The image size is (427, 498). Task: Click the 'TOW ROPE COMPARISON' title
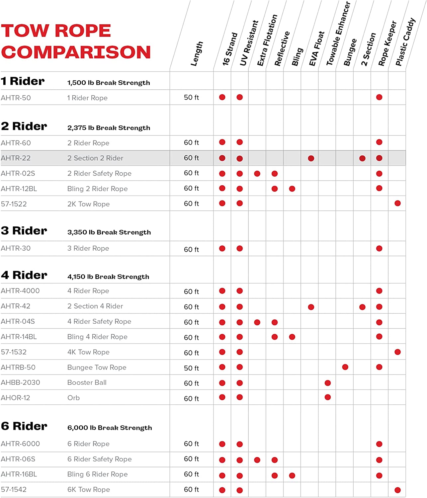tap(76, 41)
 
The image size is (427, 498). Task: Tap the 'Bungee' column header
tap(350, 52)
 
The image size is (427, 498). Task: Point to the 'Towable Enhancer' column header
tap(338, 34)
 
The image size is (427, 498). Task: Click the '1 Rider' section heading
tap(23, 81)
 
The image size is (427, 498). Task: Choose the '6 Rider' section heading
tap(24, 426)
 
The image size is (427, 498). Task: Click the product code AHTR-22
tap(16, 158)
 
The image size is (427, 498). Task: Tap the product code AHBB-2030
tap(20, 382)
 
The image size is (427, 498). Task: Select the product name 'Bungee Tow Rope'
tap(97, 367)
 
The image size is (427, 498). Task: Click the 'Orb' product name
tap(73, 398)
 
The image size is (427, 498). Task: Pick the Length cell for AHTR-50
tap(191, 97)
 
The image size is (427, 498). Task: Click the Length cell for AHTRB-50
tap(191, 368)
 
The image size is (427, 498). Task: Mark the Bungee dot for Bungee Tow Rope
tap(345, 367)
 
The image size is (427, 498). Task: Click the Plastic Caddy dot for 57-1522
tap(397, 203)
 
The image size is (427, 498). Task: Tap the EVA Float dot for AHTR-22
tap(311, 158)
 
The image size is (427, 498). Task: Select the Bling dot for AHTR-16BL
tap(292, 475)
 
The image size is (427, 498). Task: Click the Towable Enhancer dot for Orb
tap(327, 397)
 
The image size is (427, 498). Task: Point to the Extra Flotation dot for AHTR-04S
tap(257, 322)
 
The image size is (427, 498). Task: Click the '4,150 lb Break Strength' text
tap(108, 277)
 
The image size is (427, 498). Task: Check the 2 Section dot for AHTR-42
tap(362, 307)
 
